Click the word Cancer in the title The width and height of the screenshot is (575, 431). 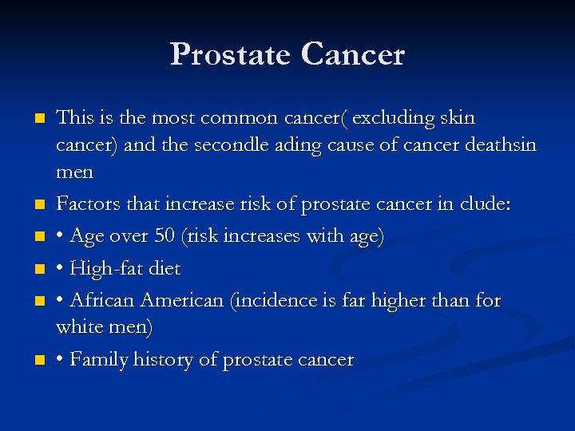point(353,54)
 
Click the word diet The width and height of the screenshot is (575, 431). point(165,268)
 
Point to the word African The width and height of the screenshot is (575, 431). point(102,300)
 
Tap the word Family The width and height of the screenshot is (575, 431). point(97,360)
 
